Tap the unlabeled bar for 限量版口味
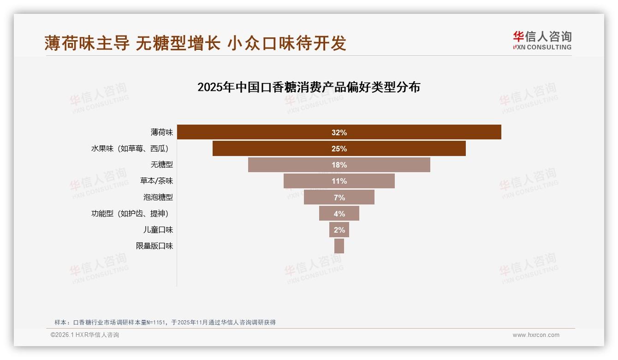click(339, 246)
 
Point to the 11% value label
click(339, 181)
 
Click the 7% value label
click(339, 198)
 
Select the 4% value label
click(339, 214)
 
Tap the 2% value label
click(339, 230)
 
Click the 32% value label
click(339, 133)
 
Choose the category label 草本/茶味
click(156, 181)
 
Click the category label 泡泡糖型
click(158, 197)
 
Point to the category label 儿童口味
click(158, 230)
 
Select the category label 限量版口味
click(154, 246)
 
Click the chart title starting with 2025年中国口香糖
click(309, 87)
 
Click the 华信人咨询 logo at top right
click(542, 40)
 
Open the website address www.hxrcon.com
click(535, 335)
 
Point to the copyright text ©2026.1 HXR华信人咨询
click(85, 335)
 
